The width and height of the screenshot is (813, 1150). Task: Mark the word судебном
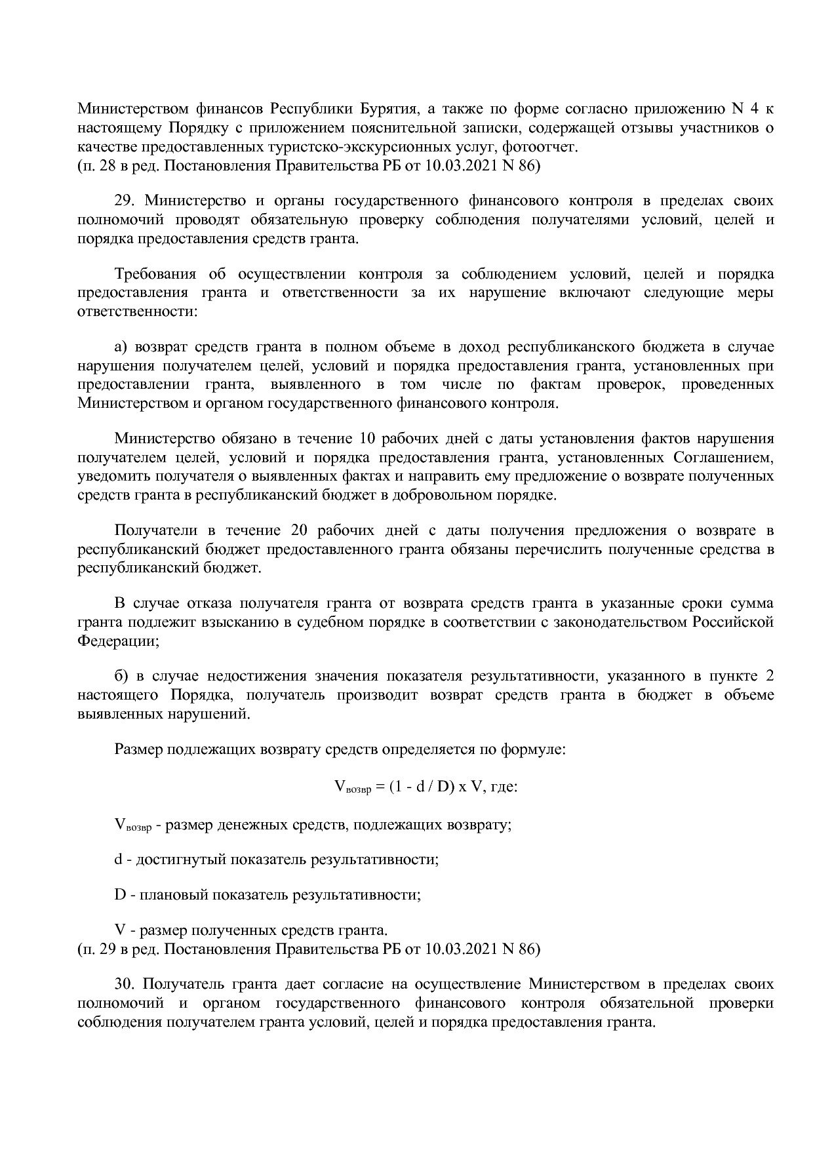[x=344, y=622]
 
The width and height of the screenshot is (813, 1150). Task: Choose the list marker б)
[x=121, y=677]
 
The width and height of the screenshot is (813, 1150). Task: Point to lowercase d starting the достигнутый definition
[x=119, y=859]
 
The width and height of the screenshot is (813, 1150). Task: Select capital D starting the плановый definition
[x=120, y=894]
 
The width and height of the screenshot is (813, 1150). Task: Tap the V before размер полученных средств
[x=119, y=930]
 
